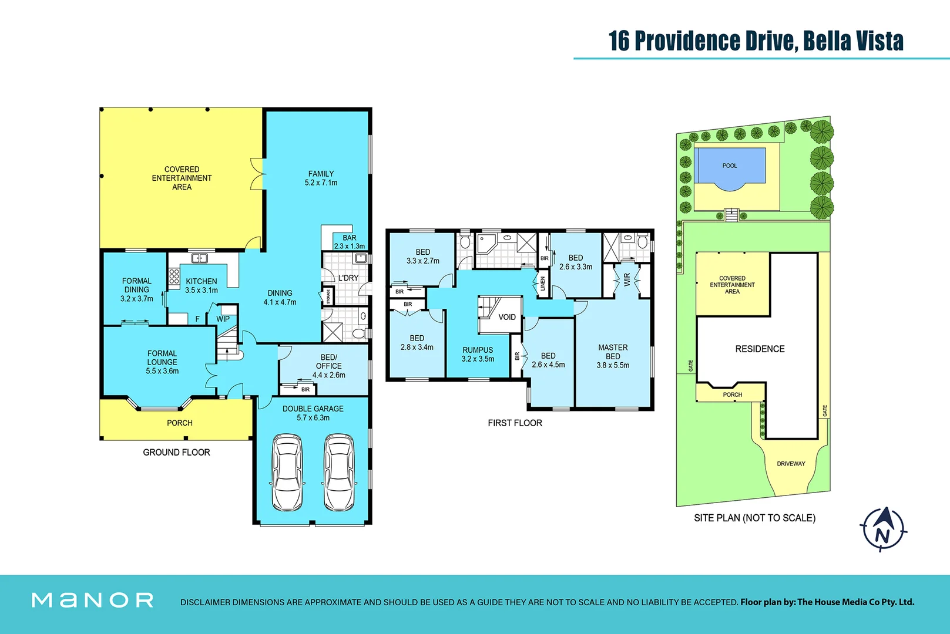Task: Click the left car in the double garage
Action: tap(287, 473)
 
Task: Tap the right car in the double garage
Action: tap(340, 473)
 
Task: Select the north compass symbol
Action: tap(883, 530)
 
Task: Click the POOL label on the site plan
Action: tap(730, 166)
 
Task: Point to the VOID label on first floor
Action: tap(507, 317)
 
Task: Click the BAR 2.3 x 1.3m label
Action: tap(349, 242)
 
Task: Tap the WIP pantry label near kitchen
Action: tap(223, 319)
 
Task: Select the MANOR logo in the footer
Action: tap(93, 600)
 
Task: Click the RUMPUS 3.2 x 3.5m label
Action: tap(478, 354)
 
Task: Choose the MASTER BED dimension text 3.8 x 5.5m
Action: tap(613, 365)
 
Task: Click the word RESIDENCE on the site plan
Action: tap(760, 349)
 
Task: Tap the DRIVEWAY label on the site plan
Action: tap(791, 464)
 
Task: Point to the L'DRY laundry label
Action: tap(348, 278)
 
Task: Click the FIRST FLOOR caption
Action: tap(515, 423)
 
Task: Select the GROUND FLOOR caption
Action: tap(176, 452)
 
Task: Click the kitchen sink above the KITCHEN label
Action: tap(200, 258)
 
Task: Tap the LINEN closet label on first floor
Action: tap(543, 284)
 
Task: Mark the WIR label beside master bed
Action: tap(627, 279)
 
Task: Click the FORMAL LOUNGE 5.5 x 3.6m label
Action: tap(162, 362)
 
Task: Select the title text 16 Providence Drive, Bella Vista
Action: tap(756, 41)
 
